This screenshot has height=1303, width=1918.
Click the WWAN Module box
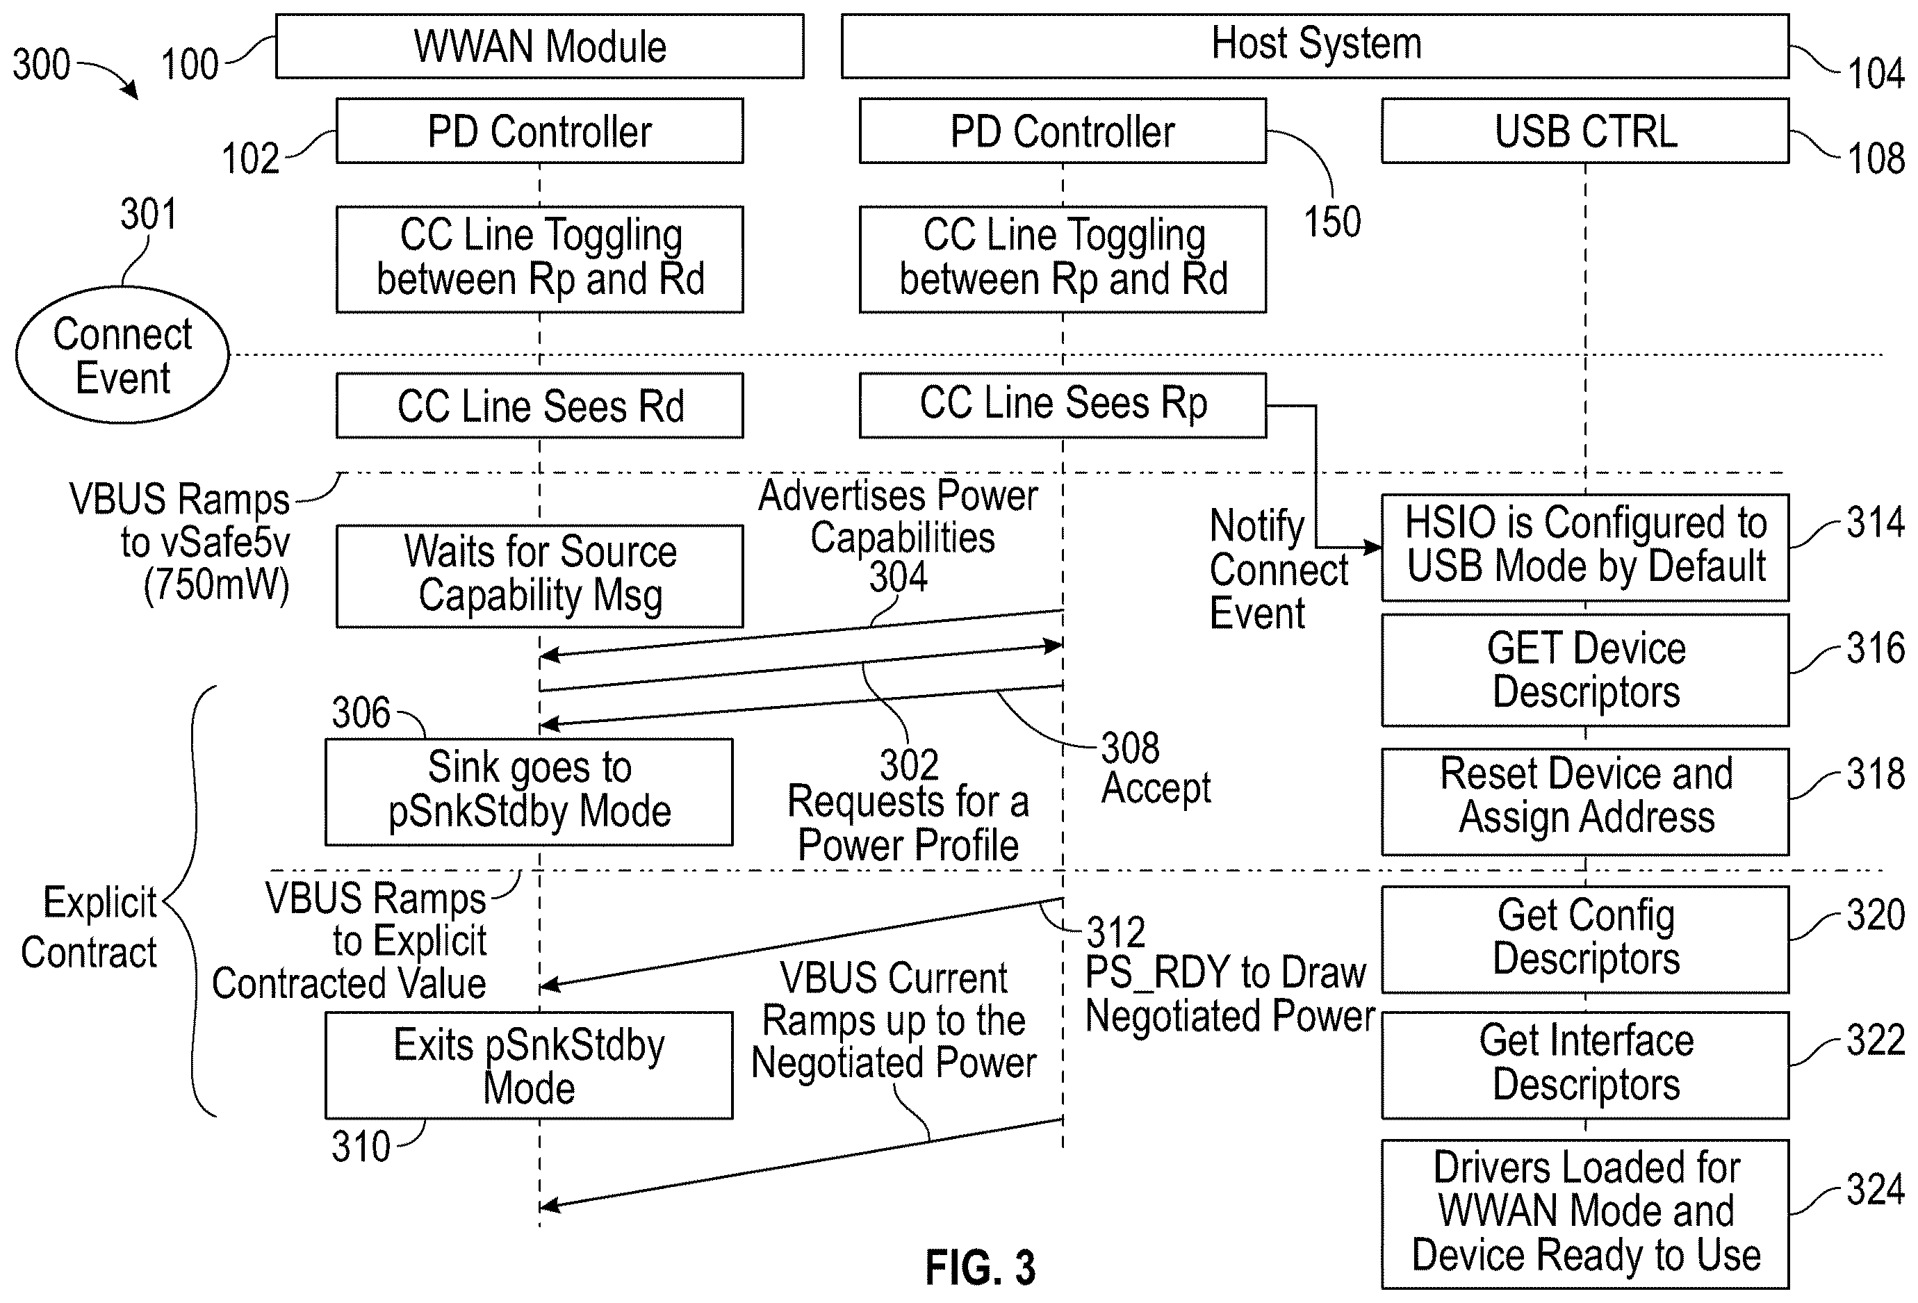click(540, 46)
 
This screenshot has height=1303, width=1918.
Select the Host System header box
click(1315, 46)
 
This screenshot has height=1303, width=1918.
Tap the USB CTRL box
click(1585, 131)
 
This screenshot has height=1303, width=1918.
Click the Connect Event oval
click(122, 355)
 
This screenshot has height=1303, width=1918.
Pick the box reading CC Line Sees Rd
click(540, 405)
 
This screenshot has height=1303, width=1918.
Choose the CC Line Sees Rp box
click(1063, 405)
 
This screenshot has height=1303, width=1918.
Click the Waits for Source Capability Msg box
click(540, 576)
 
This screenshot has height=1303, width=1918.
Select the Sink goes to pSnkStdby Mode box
click(529, 792)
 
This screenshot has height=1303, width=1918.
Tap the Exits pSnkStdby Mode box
click(529, 1065)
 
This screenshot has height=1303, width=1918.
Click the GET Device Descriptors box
click(1585, 670)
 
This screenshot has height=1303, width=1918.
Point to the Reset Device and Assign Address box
click(1585, 801)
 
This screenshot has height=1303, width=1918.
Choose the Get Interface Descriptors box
click(1585, 1065)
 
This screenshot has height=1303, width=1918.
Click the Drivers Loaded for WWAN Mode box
click(1585, 1214)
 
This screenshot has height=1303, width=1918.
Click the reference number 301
click(149, 215)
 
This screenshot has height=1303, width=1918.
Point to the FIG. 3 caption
click(980, 1268)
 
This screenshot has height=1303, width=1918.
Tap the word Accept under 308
click(1156, 788)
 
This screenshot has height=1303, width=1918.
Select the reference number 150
click(1332, 222)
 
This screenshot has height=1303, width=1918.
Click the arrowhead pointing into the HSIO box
click(1374, 547)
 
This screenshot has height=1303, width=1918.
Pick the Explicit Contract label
click(89, 928)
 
